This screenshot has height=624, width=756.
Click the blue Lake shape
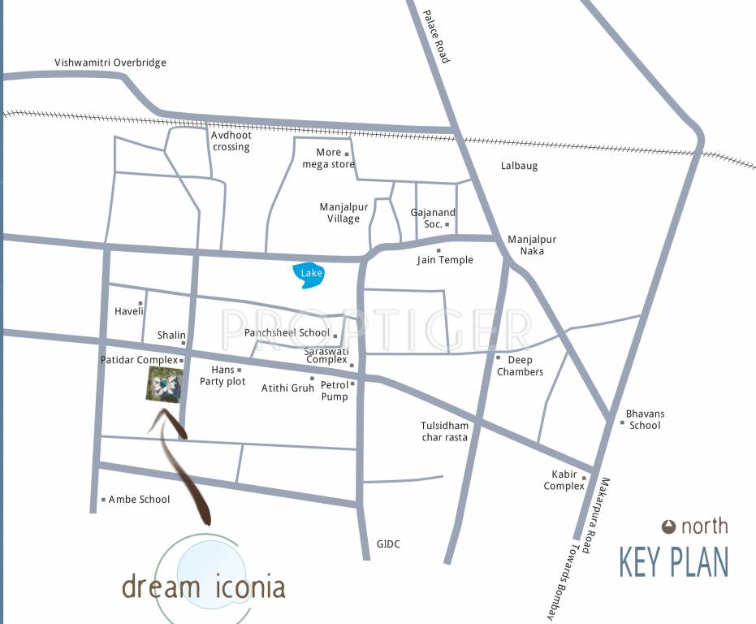[x=309, y=275]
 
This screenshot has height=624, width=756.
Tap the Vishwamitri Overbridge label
[x=110, y=63]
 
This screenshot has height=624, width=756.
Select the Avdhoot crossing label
[x=231, y=141]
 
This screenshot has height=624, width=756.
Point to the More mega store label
[x=328, y=158]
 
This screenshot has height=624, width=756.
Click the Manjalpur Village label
[x=343, y=213]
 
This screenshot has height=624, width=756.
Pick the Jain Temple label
[x=445, y=260]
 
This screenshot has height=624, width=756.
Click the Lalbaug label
[x=519, y=166]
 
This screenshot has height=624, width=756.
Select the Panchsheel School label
[x=287, y=333]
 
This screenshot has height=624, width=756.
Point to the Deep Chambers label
[x=520, y=366]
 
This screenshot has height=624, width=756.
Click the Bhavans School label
[x=645, y=419]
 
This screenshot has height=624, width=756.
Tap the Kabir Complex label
[x=564, y=480]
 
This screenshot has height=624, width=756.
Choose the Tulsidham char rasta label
[x=444, y=431]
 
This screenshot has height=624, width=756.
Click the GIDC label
[x=388, y=544]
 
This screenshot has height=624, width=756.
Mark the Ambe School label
[x=139, y=500]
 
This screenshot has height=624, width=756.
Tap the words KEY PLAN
[x=673, y=562]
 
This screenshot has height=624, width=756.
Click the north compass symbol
[x=669, y=526]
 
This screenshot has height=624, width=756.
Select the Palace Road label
[x=435, y=37]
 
